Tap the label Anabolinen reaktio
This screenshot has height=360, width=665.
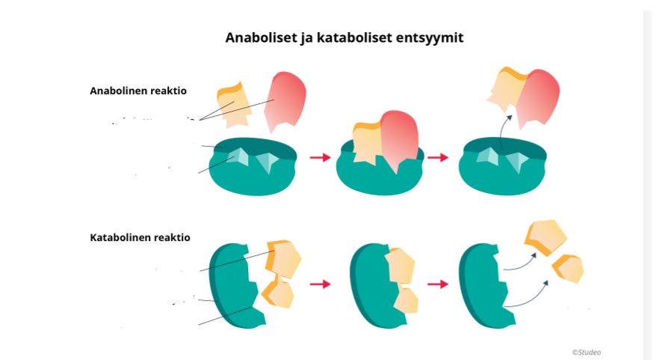tap(137, 91)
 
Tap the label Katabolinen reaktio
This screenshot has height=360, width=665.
tap(140, 237)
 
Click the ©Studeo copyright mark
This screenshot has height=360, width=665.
tap(587, 352)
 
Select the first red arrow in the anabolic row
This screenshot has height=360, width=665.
tap(320, 157)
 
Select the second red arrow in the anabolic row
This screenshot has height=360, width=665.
tap(438, 157)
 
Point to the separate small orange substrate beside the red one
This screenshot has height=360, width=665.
tap(234, 105)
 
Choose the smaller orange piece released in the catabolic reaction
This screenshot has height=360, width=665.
tap(569, 268)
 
